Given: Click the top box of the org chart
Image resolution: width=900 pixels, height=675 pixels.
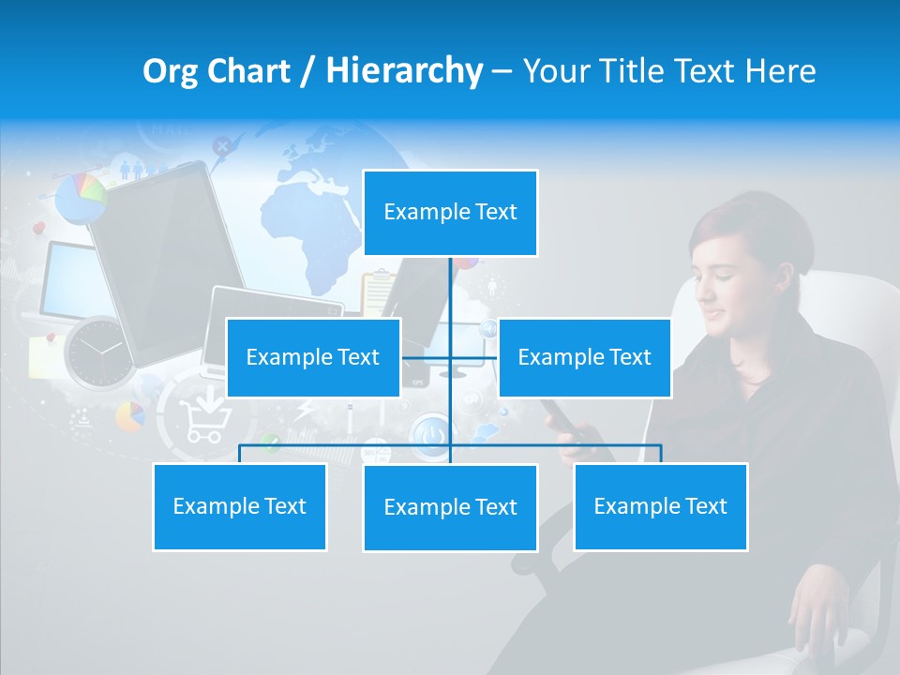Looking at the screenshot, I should pyautogui.click(x=450, y=213).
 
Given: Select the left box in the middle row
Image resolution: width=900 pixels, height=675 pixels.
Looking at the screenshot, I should pyautogui.click(x=313, y=357).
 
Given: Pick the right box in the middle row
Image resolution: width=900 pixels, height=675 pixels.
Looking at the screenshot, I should pyautogui.click(x=584, y=357).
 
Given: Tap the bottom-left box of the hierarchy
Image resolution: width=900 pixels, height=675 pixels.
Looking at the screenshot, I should pyautogui.click(x=239, y=506).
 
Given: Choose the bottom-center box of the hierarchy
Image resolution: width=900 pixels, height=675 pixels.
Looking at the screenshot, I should pyautogui.click(x=450, y=507).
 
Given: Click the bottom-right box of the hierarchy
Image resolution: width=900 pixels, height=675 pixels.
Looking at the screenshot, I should pyautogui.click(x=660, y=506).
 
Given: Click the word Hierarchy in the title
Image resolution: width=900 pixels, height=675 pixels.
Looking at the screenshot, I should pyautogui.click(x=404, y=70).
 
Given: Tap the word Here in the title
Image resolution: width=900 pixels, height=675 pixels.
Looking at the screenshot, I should pyautogui.click(x=780, y=70).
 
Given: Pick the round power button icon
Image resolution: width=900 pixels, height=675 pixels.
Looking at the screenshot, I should pyautogui.click(x=430, y=435).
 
